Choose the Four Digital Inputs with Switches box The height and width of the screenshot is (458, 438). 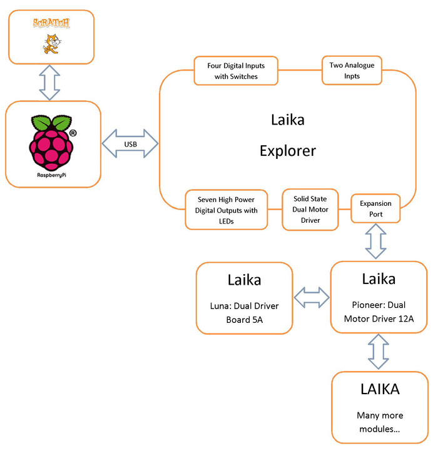pyautogui.click(x=237, y=71)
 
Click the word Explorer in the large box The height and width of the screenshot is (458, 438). pyautogui.click(x=288, y=151)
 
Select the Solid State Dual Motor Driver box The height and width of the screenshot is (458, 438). pyautogui.click(x=310, y=209)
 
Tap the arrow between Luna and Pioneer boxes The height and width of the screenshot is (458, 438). pyautogui.click(x=311, y=297)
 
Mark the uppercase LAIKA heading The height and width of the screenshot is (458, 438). pyautogui.click(x=380, y=389)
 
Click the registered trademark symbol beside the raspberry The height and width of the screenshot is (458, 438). pyautogui.click(x=73, y=133)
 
